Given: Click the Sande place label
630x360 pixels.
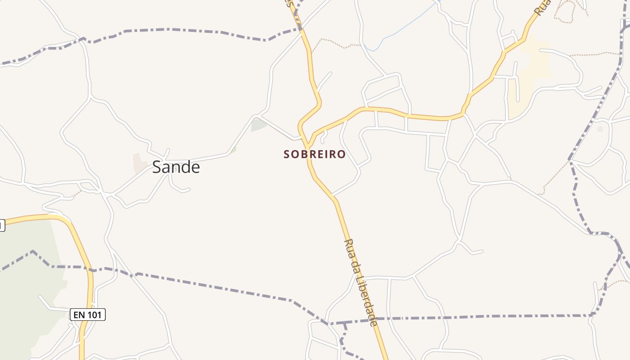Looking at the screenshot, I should tap(175, 167).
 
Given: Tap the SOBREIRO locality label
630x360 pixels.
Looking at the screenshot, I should tap(315, 154).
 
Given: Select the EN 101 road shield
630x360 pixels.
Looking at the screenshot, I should tap(88, 315).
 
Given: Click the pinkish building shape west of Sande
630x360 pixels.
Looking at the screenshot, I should tap(139, 163).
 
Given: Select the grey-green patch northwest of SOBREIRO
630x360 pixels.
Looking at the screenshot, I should tap(258, 125).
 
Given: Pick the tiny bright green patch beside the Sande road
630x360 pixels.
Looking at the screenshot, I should tap(233, 149).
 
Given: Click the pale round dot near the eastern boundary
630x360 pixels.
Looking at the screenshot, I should tap(600, 129).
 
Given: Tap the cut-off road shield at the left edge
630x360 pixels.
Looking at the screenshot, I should tap(2, 225).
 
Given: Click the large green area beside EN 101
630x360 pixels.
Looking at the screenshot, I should tap(27, 292).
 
